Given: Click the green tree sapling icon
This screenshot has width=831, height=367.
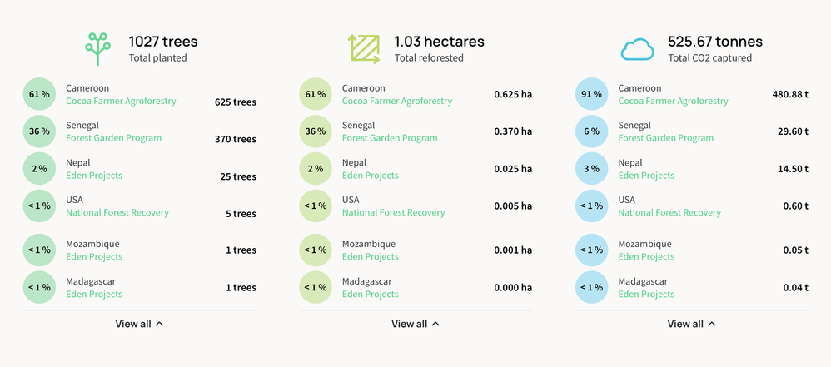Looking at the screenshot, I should coord(97,49).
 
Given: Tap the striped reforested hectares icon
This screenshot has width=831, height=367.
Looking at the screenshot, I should coord(364,49).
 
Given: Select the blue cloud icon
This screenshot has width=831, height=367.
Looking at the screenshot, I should coord(638,50).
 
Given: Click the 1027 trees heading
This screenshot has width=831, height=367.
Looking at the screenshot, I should coord(163,41).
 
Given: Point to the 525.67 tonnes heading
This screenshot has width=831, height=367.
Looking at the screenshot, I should coord(715,41).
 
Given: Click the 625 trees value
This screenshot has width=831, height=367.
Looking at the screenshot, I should coord(236,102).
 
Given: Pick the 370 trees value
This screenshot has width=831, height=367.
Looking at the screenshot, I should coord(236,139).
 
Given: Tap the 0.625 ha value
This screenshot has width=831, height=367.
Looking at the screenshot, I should coord(513,94).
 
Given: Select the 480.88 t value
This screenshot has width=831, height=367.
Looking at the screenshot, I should coord(790,94).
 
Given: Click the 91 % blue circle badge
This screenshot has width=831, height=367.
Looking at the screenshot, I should coord(591,94).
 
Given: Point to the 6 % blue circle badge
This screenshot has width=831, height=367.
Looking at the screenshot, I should coord(591,131).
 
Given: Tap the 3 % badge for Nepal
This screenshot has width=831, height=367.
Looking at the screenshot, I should coord(591,169).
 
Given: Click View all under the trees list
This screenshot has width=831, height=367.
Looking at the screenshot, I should coord(139,324).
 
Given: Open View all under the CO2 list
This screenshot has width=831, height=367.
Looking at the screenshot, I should coord(691,324).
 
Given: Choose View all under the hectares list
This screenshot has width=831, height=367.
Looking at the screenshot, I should coord(415,324).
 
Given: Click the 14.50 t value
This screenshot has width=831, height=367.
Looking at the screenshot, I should coord(793,169).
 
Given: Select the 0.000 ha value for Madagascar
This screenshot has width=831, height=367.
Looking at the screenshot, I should coord(513,287).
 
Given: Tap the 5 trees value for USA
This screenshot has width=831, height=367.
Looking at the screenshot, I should coord(241,214).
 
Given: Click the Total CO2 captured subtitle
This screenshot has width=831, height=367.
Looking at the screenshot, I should coord(709,58).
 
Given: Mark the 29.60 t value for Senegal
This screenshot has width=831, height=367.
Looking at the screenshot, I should coord(793,131).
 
